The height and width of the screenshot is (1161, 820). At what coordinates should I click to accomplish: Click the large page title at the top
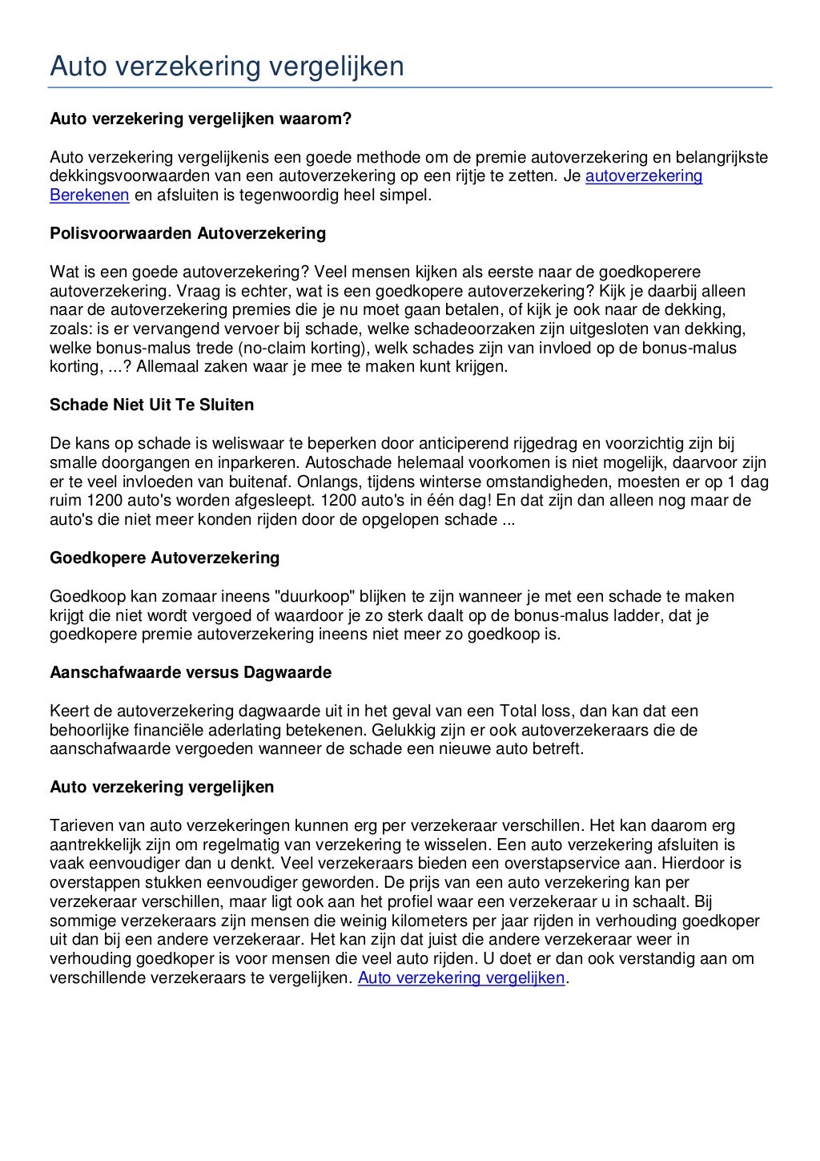[x=227, y=67]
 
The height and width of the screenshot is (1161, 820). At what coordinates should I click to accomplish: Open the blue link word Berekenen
[x=90, y=195]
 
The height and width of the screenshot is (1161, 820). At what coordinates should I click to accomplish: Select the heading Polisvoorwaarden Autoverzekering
[x=187, y=233]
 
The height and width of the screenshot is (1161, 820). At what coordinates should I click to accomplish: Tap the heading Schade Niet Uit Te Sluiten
[x=151, y=405]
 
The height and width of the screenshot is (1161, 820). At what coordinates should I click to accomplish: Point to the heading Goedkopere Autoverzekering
[x=164, y=558]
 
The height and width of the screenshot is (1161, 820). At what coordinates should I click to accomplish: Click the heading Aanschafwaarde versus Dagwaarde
[x=191, y=672]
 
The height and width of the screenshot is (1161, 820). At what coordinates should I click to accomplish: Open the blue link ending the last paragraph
[x=461, y=978]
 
